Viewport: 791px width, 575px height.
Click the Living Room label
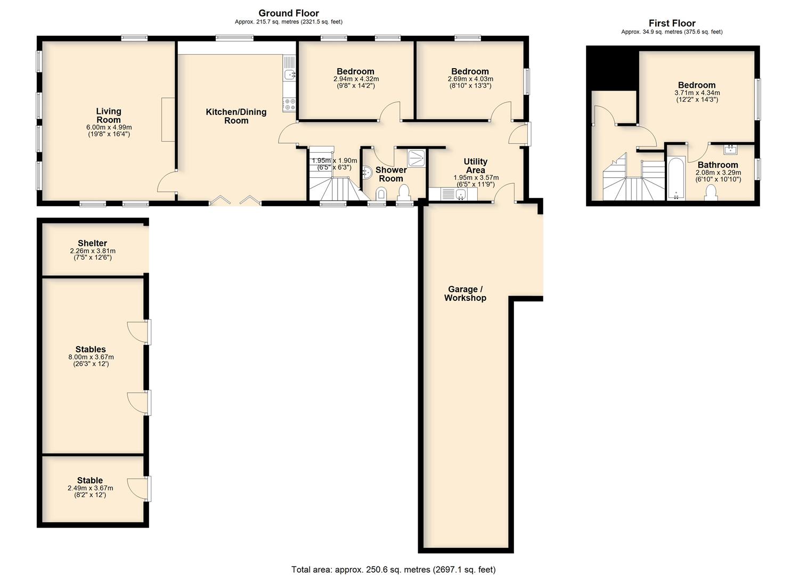[x=109, y=116]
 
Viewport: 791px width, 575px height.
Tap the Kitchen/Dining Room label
[x=237, y=116]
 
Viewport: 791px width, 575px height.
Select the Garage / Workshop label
[x=465, y=293]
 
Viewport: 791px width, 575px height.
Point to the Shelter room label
[x=93, y=243]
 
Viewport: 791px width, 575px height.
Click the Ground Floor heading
[x=289, y=13]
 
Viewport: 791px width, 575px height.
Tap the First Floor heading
[x=672, y=23]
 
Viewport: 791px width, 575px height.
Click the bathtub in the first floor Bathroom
[x=676, y=178]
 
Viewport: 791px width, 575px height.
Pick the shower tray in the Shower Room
[x=417, y=158]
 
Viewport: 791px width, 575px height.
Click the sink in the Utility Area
[x=460, y=194]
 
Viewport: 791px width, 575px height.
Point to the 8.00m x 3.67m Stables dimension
[x=91, y=357]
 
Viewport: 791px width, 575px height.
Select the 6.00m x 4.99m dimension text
[x=109, y=127]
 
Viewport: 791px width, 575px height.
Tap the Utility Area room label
[x=475, y=166]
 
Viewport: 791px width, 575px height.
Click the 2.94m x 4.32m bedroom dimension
[x=356, y=79]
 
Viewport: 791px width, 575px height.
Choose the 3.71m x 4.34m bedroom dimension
[x=697, y=93]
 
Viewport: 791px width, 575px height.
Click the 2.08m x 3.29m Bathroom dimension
[x=718, y=172]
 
